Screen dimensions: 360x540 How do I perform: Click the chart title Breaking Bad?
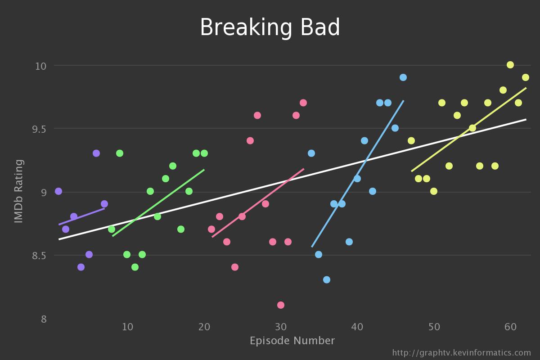270,28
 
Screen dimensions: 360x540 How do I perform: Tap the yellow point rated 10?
510,65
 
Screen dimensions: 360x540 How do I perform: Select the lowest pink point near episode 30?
281,305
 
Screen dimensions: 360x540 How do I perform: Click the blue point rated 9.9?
403,77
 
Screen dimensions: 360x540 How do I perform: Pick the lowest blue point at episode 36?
327,280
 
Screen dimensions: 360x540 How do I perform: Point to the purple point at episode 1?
58,191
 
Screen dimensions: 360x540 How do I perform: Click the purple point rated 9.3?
96,153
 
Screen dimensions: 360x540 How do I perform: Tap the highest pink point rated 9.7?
303,103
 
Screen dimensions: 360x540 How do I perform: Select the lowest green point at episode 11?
135,267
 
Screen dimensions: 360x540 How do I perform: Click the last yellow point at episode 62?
526,77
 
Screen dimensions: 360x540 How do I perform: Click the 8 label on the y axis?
44,319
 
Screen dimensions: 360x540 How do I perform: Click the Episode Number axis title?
292,341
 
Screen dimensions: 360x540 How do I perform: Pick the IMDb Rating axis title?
18,192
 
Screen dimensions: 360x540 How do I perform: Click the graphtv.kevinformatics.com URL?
461,353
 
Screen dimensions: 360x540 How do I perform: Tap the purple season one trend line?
81,216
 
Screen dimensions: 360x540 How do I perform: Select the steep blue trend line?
358,173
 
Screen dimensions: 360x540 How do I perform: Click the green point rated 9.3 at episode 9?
120,153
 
